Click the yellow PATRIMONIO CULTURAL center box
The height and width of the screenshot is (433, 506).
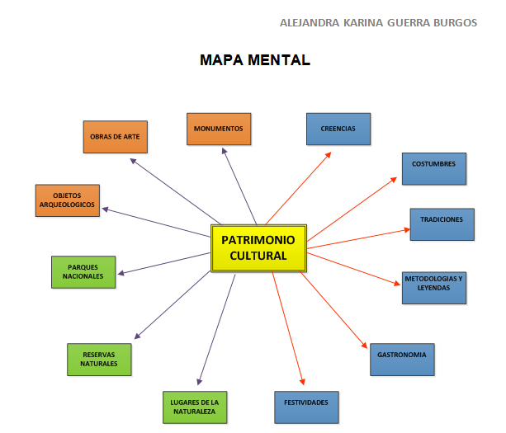(x=258, y=247)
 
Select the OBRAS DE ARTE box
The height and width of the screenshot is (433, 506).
(x=116, y=137)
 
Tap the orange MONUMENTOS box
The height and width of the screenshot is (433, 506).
(x=219, y=129)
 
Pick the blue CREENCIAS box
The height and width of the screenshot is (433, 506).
(x=338, y=129)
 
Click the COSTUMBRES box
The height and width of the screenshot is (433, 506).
(x=434, y=167)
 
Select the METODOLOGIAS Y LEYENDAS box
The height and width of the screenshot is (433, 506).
(x=434, y=284)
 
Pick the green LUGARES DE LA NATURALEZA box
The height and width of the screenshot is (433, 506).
(x=194, y=406)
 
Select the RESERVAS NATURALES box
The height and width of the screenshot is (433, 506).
(x=99, y=359)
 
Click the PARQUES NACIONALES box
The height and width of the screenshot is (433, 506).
(x=83, y=271)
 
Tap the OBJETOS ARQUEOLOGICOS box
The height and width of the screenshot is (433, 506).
(x=68, y=200)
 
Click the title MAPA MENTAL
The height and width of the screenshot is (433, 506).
(x=255, y=60)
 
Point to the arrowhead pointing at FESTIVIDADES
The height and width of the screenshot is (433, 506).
(x=303, y=384)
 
